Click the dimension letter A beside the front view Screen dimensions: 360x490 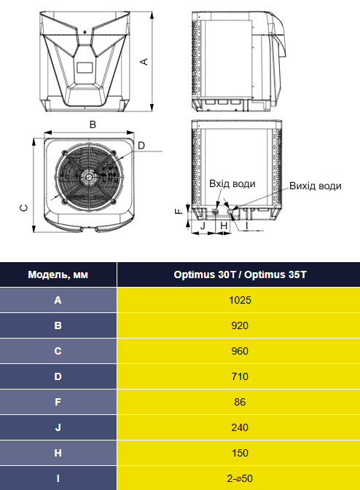pos(144,62)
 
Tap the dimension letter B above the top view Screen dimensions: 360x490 pos(93,125)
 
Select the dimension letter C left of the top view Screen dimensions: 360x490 pos(24,208)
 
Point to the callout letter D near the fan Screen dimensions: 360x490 pos(141,146)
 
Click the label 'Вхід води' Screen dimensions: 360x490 pos(232,183)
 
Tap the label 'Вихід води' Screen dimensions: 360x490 pos(316,186)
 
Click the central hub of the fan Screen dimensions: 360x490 pos(89,177)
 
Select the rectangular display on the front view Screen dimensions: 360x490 pos(85,68)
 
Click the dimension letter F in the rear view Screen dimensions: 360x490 pos(179,211)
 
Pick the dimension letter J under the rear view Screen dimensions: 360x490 pos(203,225)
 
